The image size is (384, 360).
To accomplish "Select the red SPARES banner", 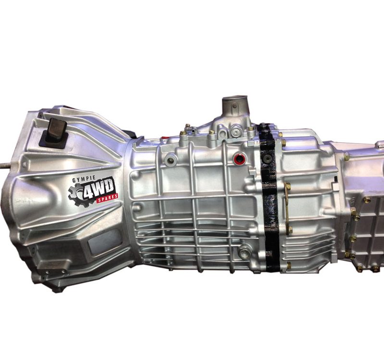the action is click(x=107, y=198).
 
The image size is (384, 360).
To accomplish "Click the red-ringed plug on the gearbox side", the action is click(x=239, y=159).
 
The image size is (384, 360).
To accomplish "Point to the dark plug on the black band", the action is click(x=266, y=159).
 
